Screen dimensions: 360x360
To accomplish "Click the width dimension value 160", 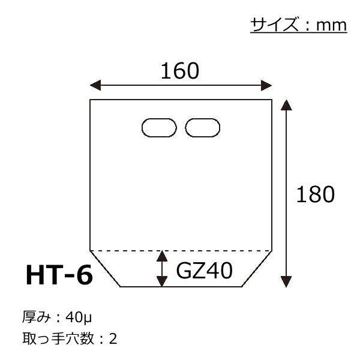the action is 180,71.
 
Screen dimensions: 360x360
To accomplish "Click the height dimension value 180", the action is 316,194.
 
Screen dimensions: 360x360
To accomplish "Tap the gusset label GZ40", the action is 205,271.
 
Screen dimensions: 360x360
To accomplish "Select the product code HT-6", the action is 59,275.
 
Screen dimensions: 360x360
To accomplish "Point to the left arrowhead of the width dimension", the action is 95,85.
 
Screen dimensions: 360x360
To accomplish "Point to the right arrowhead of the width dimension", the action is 266,85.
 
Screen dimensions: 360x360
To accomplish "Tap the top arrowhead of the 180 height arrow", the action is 286,105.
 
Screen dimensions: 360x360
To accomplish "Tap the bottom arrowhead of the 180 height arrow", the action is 286,282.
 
